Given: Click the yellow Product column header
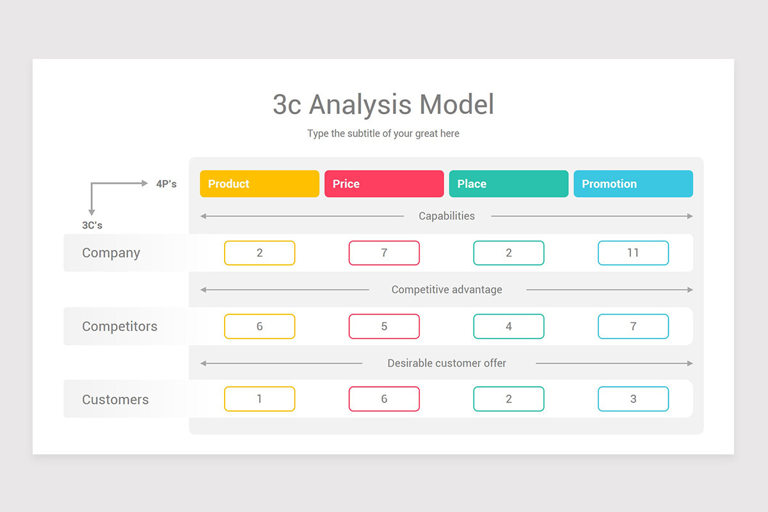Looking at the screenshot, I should pos(259,184).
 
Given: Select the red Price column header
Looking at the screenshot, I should pos(384,184).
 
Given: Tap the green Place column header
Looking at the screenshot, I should pos(508,184).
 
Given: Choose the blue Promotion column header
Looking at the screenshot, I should pos(633,184).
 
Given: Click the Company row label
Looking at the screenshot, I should pos(111,253).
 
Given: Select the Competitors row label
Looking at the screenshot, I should pos(120,326).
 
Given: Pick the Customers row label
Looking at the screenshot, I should pos(115,399).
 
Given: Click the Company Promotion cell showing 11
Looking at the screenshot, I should pos(633,253).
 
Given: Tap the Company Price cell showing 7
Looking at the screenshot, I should pos(384,253).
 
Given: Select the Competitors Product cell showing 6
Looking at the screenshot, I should pos(259,326).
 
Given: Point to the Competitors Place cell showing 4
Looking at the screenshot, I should pos(508,326).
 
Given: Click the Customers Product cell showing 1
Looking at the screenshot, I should pos(259,399).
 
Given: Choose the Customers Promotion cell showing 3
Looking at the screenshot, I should pos(633,399).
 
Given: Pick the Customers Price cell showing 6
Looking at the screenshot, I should pos(384,399).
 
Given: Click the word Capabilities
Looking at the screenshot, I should pos(447,216).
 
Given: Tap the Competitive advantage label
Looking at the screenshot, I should pos(447,290).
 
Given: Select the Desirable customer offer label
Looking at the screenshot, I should pos(447,364).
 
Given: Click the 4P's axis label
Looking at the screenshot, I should pos(166,184).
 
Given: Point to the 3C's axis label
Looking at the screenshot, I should pos(92,225).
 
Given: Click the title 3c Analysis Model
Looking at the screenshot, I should pos(383,104).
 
